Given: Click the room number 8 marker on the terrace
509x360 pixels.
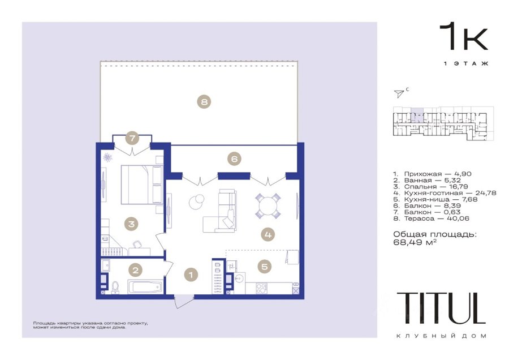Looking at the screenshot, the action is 204,102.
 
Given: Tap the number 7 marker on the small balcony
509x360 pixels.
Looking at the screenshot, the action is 132,138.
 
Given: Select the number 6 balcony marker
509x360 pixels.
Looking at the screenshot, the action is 234,159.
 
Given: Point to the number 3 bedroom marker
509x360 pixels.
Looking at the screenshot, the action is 131,224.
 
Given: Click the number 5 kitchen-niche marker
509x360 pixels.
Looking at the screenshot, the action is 265,267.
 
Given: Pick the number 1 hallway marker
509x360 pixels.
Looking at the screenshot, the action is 191,275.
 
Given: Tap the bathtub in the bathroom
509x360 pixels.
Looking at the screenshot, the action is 145,286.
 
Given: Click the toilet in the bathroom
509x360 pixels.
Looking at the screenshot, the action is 115,288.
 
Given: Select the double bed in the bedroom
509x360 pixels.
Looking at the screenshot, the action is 141,185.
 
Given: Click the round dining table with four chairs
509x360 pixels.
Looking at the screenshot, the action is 268,206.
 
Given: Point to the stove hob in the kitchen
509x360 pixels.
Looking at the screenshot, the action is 261,289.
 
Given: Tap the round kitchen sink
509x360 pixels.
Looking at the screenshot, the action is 240,279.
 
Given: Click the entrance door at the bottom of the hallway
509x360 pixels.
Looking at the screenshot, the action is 183,301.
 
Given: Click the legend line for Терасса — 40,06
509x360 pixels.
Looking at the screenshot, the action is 431,218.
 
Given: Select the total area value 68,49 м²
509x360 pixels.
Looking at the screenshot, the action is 415,242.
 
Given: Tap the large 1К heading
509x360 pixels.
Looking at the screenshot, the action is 464,37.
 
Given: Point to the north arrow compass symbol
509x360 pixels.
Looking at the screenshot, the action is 399,93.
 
